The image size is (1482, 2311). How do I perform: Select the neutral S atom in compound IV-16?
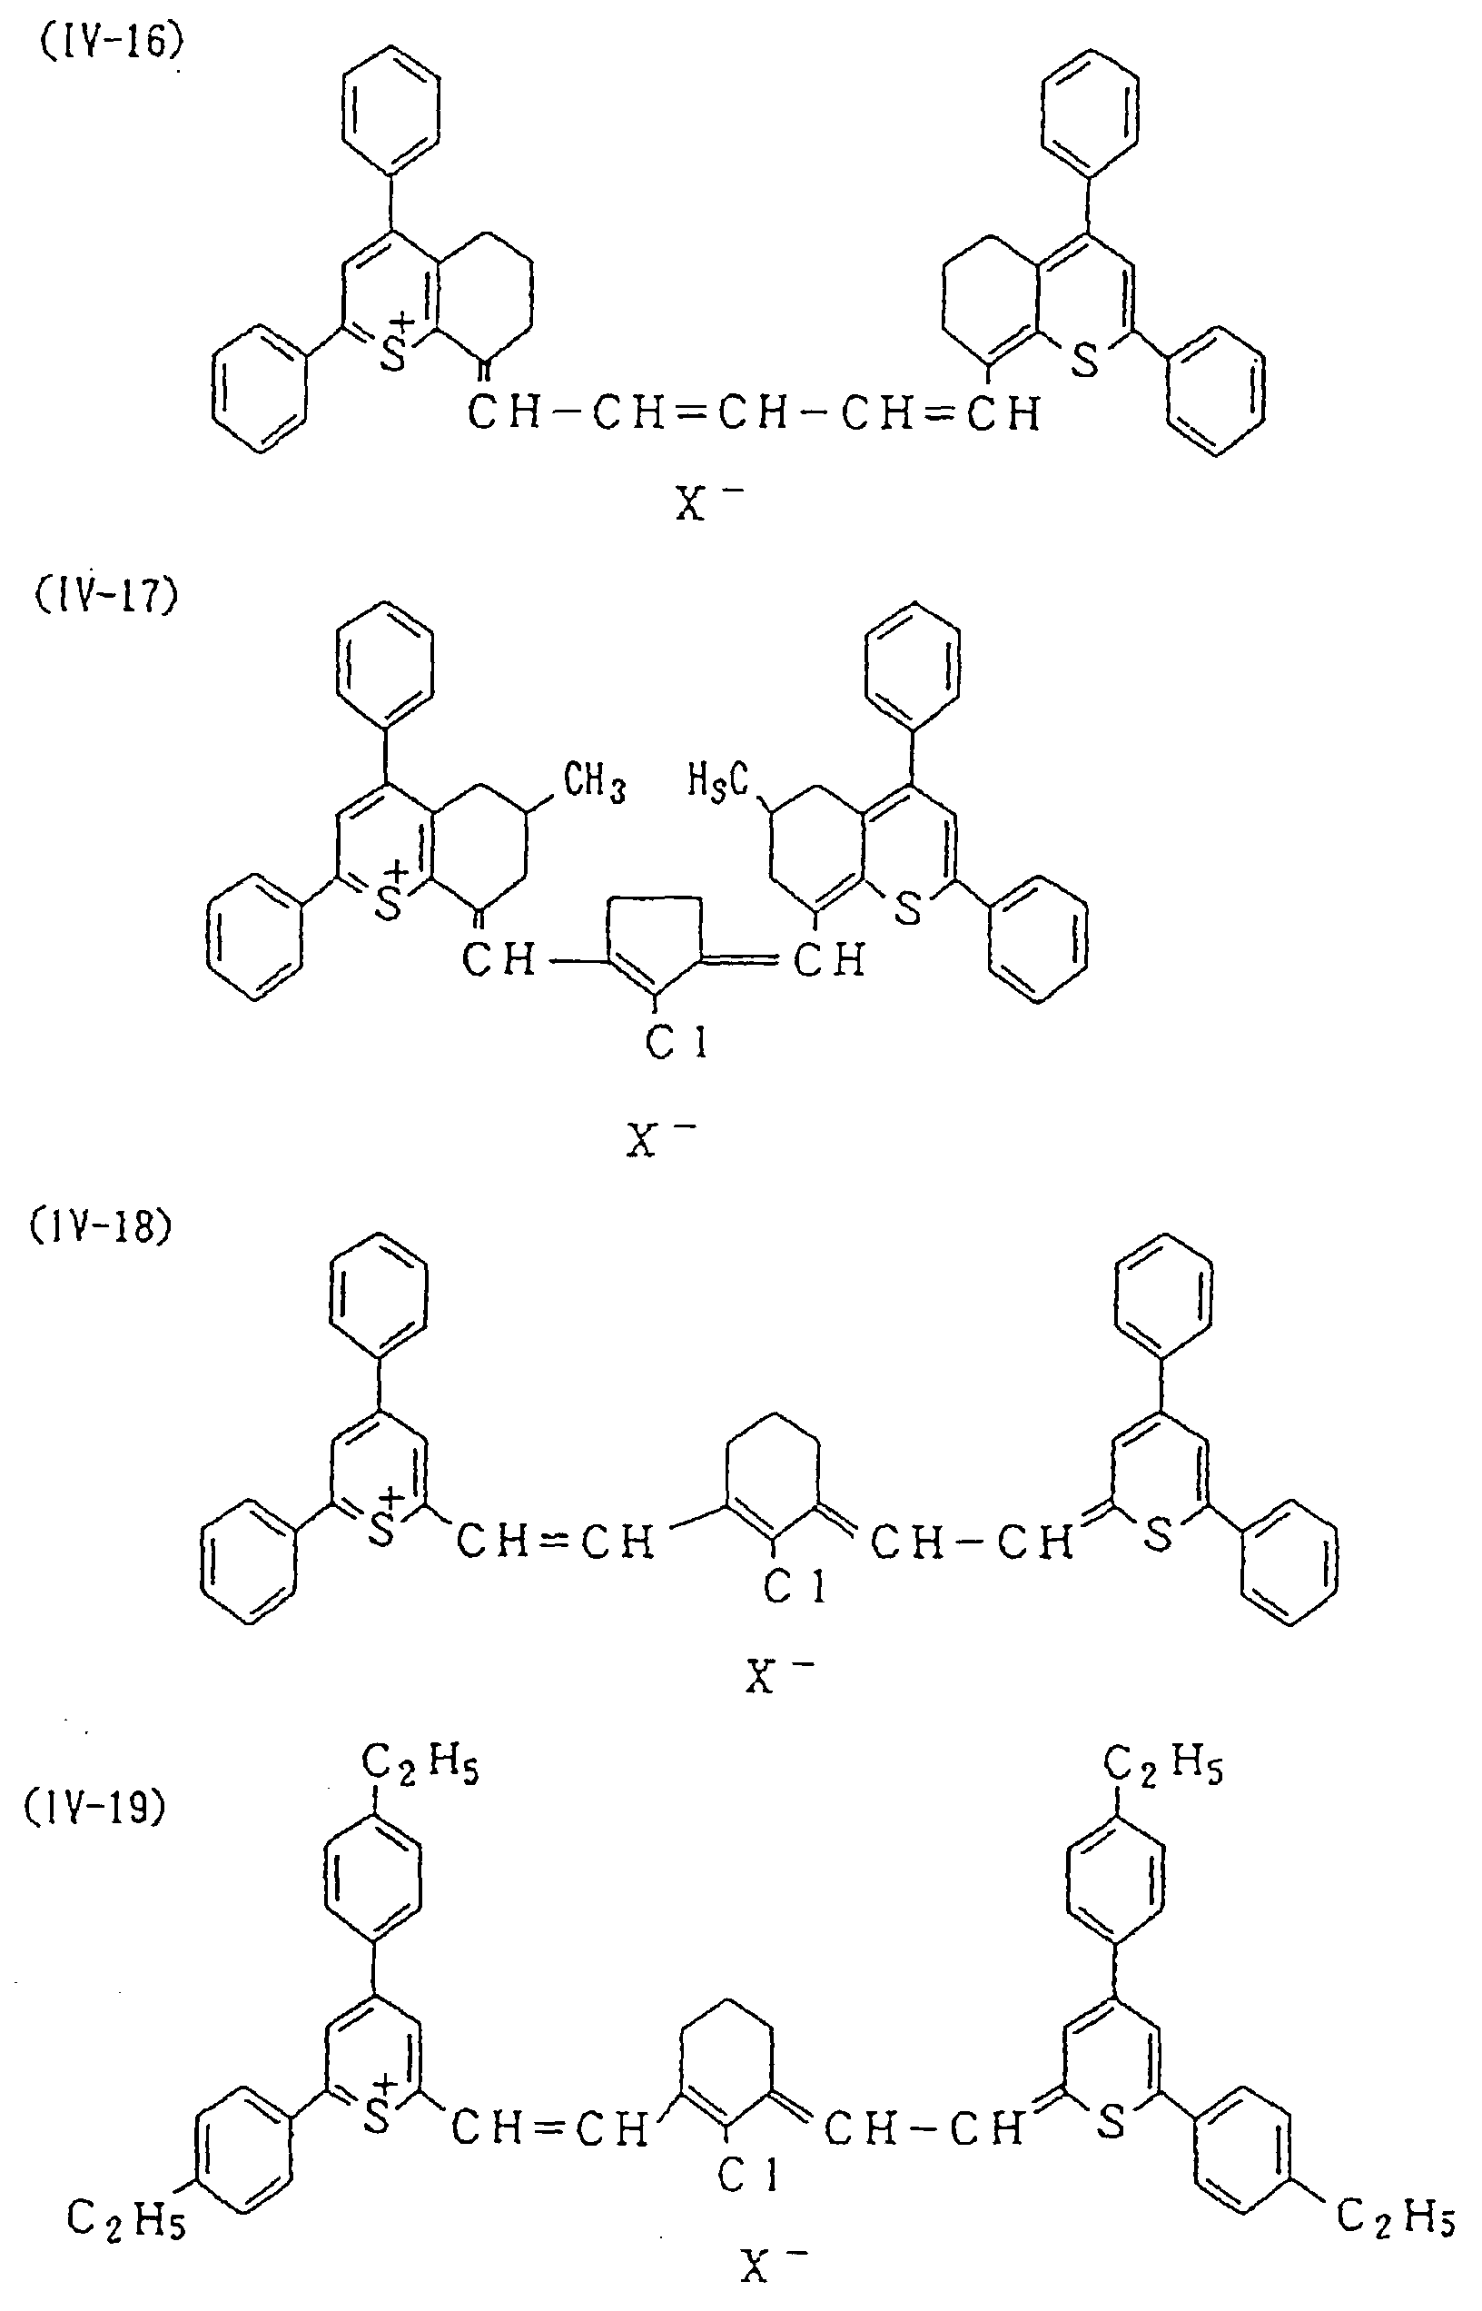1084,361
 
